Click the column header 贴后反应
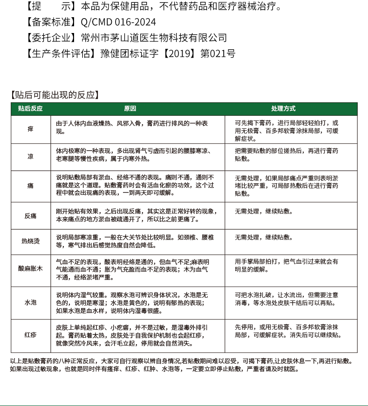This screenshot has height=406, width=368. (x=30, y=109)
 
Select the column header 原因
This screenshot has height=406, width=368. (x=130, y=109)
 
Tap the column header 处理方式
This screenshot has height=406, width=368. (x=283, y=109)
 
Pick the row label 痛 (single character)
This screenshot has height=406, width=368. (x=30, y=186)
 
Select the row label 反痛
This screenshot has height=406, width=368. (x=30, y=216)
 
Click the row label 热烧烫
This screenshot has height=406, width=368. (x=30, y=241)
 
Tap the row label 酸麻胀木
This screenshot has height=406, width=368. (x=30, y=269)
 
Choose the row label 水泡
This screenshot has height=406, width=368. (x=30, y=302)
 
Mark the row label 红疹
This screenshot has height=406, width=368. (x=30, y=335)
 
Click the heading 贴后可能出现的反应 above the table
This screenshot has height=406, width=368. (x=55, y=95)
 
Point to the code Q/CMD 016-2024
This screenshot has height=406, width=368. (x=118, y=22)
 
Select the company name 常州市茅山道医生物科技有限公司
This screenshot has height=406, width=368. (x=154, y=38)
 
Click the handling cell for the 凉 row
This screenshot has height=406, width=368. (x=287, y=155)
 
